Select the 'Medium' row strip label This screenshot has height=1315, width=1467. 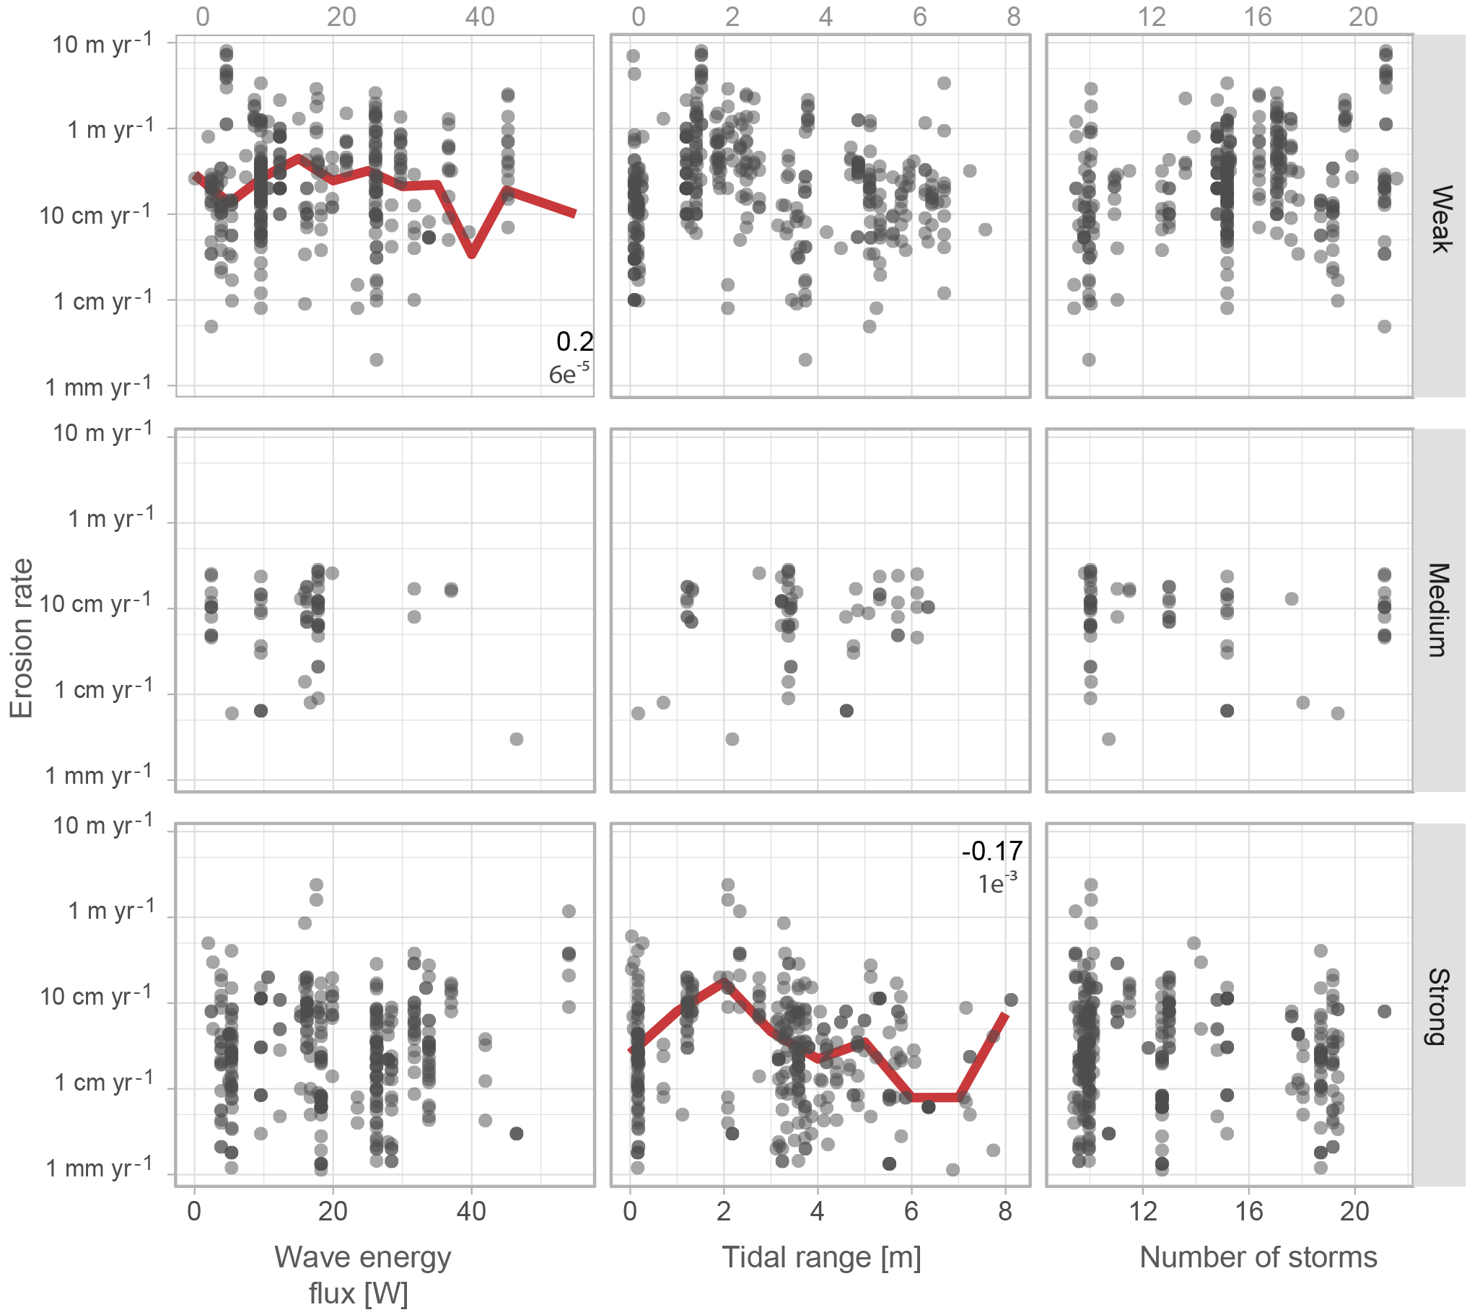(x=1440, y=611)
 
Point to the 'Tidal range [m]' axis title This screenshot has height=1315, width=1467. (x=821, y=1258)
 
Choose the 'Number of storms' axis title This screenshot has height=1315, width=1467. (x=1258, y=1258)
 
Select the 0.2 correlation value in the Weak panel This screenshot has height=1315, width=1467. (x=574, y=342)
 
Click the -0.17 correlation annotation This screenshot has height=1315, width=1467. (x=991, y=851)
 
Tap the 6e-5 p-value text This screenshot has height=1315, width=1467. (x=569, y=374)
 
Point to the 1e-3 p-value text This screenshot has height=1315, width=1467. (x=997, y=883)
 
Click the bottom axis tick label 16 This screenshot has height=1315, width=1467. (x=1248, y=1211)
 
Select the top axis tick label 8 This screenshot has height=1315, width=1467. (x=1013, y=16)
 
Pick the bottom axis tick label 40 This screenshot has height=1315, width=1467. (x=471, y=1211)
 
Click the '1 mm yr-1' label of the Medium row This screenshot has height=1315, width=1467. (x=99, y=775)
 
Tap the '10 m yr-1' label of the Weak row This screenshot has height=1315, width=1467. (x=102, y=43)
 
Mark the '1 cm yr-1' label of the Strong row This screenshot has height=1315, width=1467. (x=103, y=1083)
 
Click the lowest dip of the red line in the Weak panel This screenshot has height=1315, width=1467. (x=472, y=253)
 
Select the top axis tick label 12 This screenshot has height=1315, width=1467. (x=1152, y=16)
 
